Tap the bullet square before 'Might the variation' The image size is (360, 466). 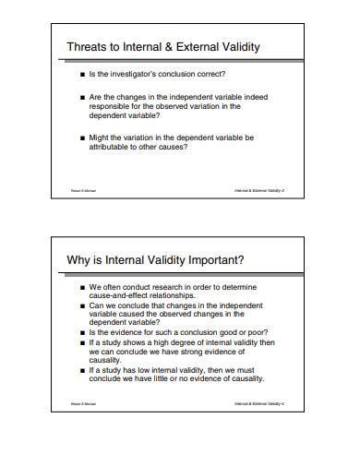tap(82, 137)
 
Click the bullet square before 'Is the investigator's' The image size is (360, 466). tap(82, 73)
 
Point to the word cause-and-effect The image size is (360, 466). tap(123, 295)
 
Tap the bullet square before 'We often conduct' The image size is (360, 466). tap(82, 286)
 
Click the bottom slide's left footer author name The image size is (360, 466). tap(83, 403)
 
